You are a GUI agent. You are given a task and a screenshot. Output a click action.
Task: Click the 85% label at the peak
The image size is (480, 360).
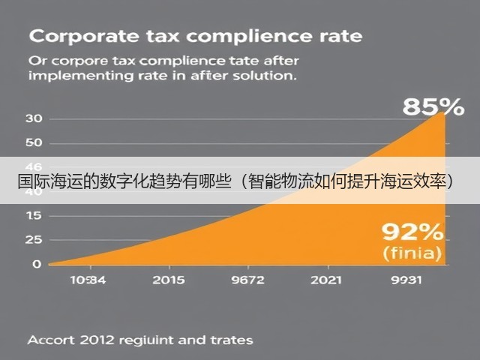click(433, 107)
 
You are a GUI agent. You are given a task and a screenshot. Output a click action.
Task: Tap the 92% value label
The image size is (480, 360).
click(412, 232)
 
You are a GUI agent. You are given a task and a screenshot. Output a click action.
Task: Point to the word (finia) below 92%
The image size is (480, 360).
click(412, 253)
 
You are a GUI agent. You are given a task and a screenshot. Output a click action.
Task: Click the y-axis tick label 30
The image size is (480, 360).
click(34, 118)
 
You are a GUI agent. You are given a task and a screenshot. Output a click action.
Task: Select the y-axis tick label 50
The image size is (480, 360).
click(34, 142)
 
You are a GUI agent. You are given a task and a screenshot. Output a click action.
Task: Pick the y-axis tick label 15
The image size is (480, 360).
click(34, 216)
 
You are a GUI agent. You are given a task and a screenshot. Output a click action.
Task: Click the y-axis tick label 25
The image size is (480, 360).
click(34, 240)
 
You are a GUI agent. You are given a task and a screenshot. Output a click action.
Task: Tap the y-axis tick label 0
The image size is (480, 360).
click(37, 264)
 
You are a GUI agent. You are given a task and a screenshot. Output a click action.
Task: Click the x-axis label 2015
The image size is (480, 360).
click(169, 280)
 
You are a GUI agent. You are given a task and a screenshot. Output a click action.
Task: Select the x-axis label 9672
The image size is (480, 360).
click(248, 280)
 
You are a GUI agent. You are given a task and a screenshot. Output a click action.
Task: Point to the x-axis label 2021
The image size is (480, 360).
click(326, 280)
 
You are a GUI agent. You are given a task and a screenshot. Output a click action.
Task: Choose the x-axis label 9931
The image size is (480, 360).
click(406, 280)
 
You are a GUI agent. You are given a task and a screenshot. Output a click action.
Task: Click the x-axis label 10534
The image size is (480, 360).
click(88, 280)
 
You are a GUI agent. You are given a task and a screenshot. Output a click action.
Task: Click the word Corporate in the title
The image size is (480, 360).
click(84, 37)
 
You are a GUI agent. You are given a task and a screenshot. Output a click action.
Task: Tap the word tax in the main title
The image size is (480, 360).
click(163, 37)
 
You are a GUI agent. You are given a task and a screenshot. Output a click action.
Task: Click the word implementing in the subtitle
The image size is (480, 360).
click(81, 76)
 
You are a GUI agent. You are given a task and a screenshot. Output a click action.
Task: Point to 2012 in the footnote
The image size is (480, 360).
click(97, 340)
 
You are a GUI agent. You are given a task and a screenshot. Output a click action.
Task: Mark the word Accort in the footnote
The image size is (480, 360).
click(51, 340)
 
